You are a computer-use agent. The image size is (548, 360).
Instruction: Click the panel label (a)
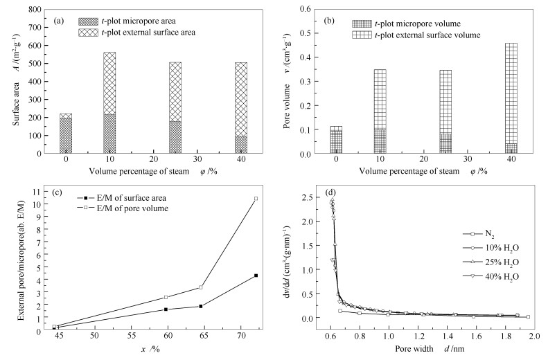[x=60, y=19]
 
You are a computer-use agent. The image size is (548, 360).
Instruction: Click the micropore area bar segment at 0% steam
[x=65, y=136]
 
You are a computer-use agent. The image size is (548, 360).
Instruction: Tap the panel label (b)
[x=329, y=19]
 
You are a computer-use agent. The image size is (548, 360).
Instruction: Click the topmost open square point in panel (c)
[x=256, y=199]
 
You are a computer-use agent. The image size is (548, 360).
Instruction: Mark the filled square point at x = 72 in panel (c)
[x=256, y=276]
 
